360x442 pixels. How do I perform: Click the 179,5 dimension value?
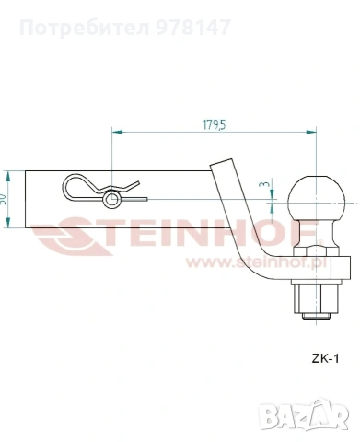point(214,125)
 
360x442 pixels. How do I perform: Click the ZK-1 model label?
point(325,358)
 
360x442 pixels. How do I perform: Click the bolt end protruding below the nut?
point(316,317)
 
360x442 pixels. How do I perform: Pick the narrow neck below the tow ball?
point(316,234)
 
